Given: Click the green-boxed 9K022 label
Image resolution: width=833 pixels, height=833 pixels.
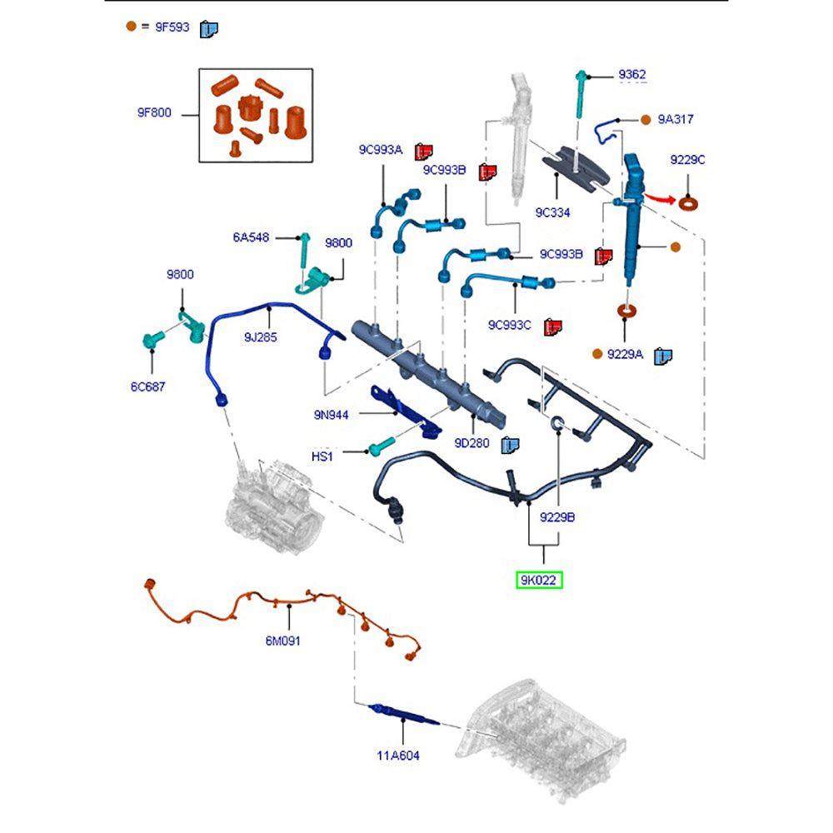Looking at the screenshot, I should point(539,580).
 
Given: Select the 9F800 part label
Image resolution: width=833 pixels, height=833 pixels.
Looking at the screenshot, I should point(154,112).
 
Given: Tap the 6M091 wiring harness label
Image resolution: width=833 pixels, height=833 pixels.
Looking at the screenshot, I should point(283,641).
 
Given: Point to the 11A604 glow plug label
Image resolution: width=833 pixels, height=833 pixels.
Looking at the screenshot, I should point(397,756).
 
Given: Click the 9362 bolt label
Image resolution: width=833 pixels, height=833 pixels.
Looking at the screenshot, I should point(631,75).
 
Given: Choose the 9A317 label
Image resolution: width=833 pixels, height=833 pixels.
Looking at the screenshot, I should point(675,119).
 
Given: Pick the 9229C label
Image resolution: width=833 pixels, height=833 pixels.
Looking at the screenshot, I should point(687,159).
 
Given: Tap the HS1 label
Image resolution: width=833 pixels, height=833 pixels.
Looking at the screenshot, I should point(322,456).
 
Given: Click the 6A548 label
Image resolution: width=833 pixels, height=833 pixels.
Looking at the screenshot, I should point(251,237).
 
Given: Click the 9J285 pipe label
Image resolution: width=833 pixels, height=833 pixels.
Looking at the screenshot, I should point(260,337).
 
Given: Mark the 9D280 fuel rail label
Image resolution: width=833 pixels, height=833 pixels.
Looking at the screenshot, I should point(471,444).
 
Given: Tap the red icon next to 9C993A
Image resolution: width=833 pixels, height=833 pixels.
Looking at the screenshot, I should point(425,151).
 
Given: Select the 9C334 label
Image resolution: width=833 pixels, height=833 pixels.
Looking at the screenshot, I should point(552,212).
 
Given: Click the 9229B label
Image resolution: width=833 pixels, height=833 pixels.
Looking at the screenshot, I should point(557,516).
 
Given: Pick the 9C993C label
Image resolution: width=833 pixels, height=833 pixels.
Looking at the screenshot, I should point(509,325).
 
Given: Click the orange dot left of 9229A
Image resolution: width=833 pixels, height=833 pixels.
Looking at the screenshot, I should point(597,354).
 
